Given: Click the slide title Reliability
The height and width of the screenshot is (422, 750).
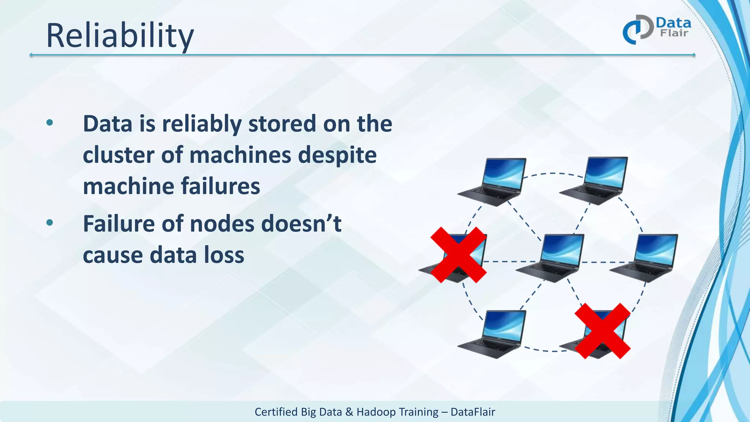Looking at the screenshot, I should pos(120,36).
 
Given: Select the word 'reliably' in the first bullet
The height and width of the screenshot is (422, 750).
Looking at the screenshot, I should pos(202,124).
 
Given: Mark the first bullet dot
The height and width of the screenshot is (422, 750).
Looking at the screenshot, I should pos(50,123).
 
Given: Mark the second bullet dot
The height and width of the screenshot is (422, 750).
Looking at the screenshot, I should pos(50,222).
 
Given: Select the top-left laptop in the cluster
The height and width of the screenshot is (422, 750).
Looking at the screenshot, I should pos(493,181).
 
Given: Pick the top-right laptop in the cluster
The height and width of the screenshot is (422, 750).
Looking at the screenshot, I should pos(594,180).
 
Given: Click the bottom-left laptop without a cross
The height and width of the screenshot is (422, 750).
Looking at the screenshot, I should pos(493,334).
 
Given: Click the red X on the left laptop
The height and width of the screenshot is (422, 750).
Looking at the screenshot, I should pos(458,255).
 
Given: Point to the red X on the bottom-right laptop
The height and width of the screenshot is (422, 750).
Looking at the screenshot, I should pos(602,331).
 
